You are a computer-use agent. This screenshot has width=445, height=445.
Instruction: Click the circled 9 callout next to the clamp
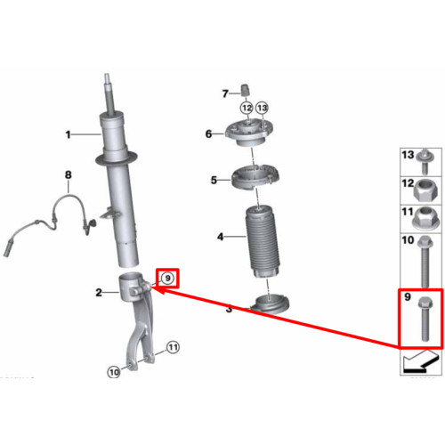coord(167,279)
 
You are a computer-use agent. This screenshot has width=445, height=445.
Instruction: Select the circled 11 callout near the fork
coord(173,347)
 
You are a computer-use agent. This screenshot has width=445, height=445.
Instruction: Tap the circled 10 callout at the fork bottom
coord(114,372)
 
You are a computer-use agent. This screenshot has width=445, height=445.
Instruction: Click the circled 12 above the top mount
coord(247,108)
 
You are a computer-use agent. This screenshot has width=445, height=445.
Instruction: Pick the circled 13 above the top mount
coord(262,108)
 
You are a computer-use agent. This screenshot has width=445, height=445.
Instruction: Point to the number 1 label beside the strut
coord(69,134)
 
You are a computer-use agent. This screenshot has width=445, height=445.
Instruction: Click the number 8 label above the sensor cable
coord(69,174)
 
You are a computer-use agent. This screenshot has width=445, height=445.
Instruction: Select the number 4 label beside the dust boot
coord(220,237)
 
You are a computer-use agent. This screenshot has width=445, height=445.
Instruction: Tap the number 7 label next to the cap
coord(225,93)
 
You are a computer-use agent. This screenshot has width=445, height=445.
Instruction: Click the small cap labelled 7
coord(245,90)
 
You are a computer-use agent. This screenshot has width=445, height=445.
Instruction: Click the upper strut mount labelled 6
coord(248,133)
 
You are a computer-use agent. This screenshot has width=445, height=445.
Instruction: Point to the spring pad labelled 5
coord(255,177)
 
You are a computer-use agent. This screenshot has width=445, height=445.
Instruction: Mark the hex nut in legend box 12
coord(425,192)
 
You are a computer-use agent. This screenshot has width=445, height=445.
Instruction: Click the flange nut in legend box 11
coord(425,219)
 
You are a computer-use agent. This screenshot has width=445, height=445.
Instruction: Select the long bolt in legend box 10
coord(425,261)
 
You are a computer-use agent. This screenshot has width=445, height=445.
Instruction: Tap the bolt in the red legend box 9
coord(425,320)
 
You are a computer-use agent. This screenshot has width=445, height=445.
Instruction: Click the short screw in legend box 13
coord(425,162)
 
